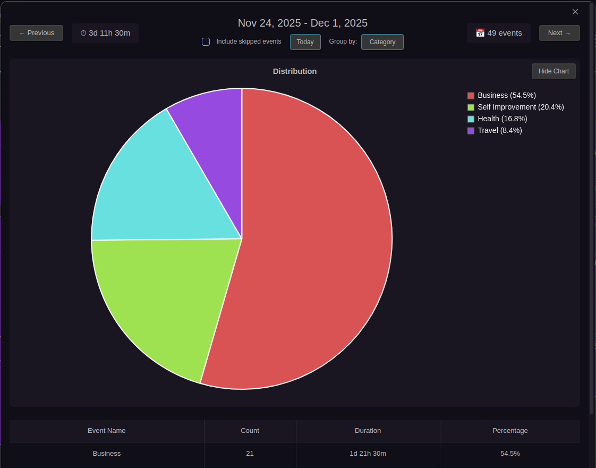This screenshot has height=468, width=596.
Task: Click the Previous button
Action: [36, 33]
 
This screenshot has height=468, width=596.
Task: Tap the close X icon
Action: [575, 12]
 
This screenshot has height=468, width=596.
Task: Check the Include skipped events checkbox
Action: [206, 41]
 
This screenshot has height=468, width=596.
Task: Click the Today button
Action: [305, 42]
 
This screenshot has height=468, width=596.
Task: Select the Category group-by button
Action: [382, 42]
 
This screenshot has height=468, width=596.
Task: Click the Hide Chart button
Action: [553, 71]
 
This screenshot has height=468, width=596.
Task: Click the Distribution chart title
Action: [294, 71]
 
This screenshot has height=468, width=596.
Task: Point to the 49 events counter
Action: [499, 33]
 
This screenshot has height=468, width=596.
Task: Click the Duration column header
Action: [368, 430]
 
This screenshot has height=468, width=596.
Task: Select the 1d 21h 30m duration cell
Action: [368, 454]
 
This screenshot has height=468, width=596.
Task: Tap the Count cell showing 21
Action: [250, 454]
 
